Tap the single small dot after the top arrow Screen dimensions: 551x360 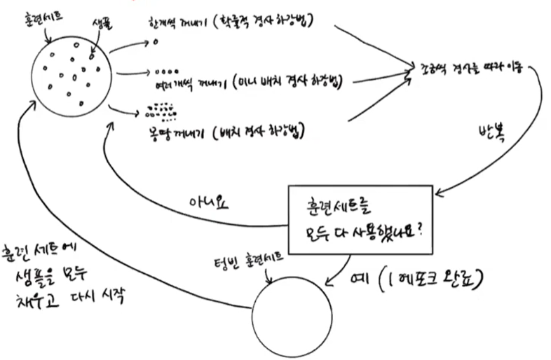click(x=155, y=42)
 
